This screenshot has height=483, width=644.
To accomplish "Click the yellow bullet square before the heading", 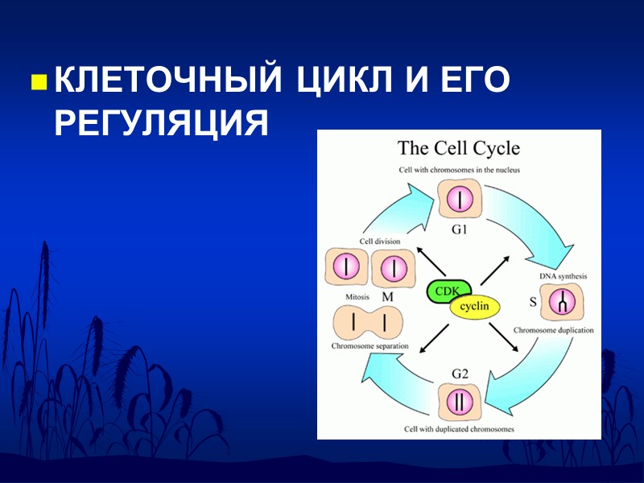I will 37,82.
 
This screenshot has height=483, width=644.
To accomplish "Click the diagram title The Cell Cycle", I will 459,148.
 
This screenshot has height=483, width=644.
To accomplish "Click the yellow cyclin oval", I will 475,307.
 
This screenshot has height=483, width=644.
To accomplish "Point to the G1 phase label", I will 460,229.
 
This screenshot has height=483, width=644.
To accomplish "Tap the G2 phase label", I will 460,374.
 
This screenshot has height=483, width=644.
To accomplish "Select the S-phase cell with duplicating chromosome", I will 563,303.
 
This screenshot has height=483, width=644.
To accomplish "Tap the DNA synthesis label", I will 563,276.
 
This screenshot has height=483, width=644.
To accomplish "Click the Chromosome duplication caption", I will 554,330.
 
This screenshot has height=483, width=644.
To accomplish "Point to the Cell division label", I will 380,241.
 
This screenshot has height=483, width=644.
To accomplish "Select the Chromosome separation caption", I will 369,346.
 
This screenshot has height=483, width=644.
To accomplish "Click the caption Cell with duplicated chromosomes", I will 459,429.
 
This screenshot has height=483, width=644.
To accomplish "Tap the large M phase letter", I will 387,297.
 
